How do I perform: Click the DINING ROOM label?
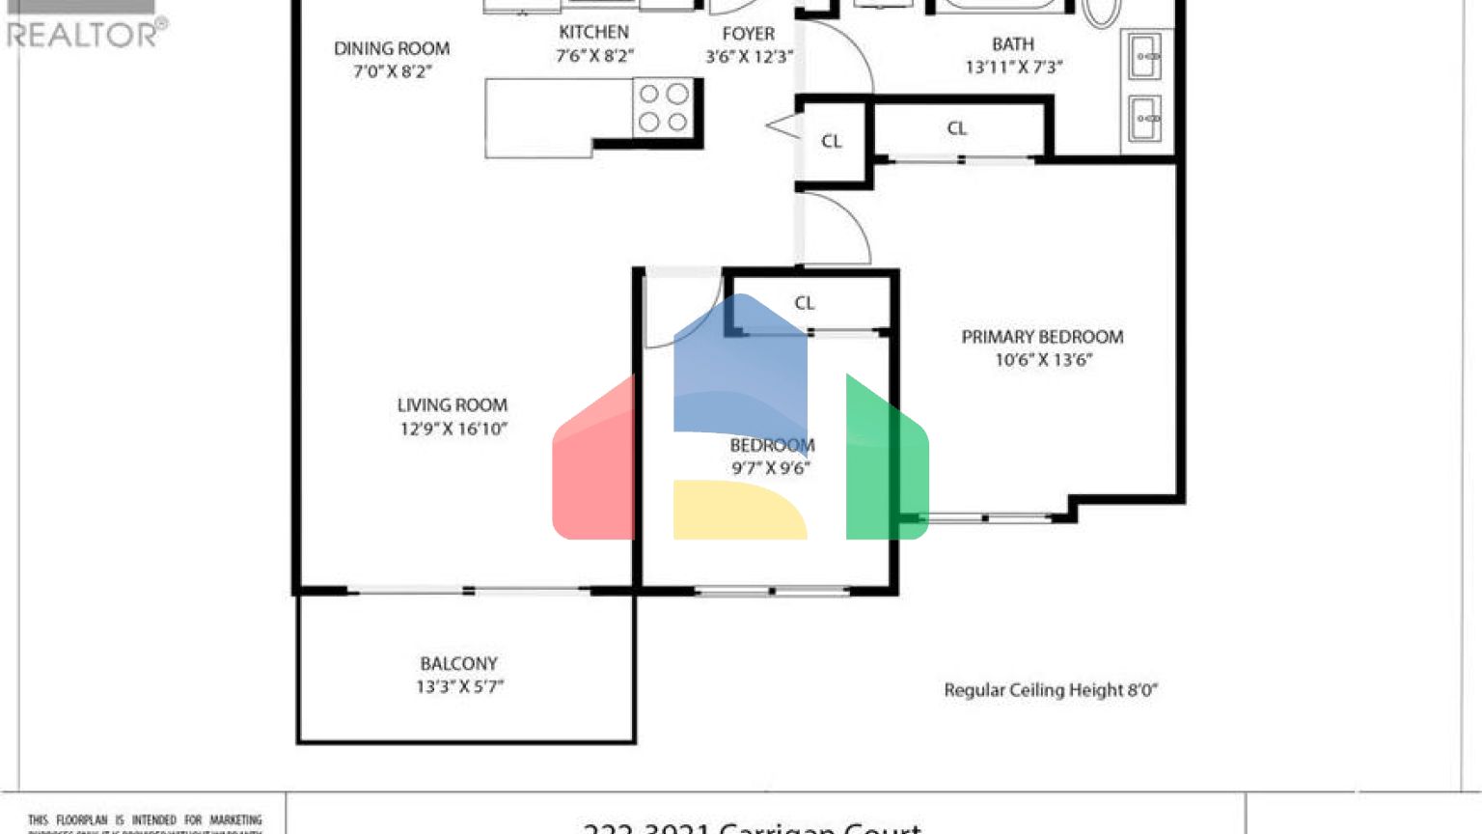(392, 48)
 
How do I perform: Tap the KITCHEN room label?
(593, 33)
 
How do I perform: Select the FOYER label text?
(748, 34)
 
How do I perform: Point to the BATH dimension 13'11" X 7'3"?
(1013, 68)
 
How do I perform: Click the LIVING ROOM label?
(452, 405)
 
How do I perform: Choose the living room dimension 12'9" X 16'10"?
(453, 430)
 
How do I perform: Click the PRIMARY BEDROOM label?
(1042, 337)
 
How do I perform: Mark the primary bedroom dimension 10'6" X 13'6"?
(1042, 360)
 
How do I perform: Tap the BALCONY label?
(458, 664)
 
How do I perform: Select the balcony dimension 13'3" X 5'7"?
(459, 687)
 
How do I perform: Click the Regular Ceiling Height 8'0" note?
(1050, 690)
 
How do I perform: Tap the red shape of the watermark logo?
(593, 463)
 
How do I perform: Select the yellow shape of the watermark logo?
(738, 510)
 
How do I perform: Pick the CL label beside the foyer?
(832, 142)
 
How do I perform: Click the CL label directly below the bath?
(956, 128)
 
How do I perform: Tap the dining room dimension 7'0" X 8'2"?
(392, 71)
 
